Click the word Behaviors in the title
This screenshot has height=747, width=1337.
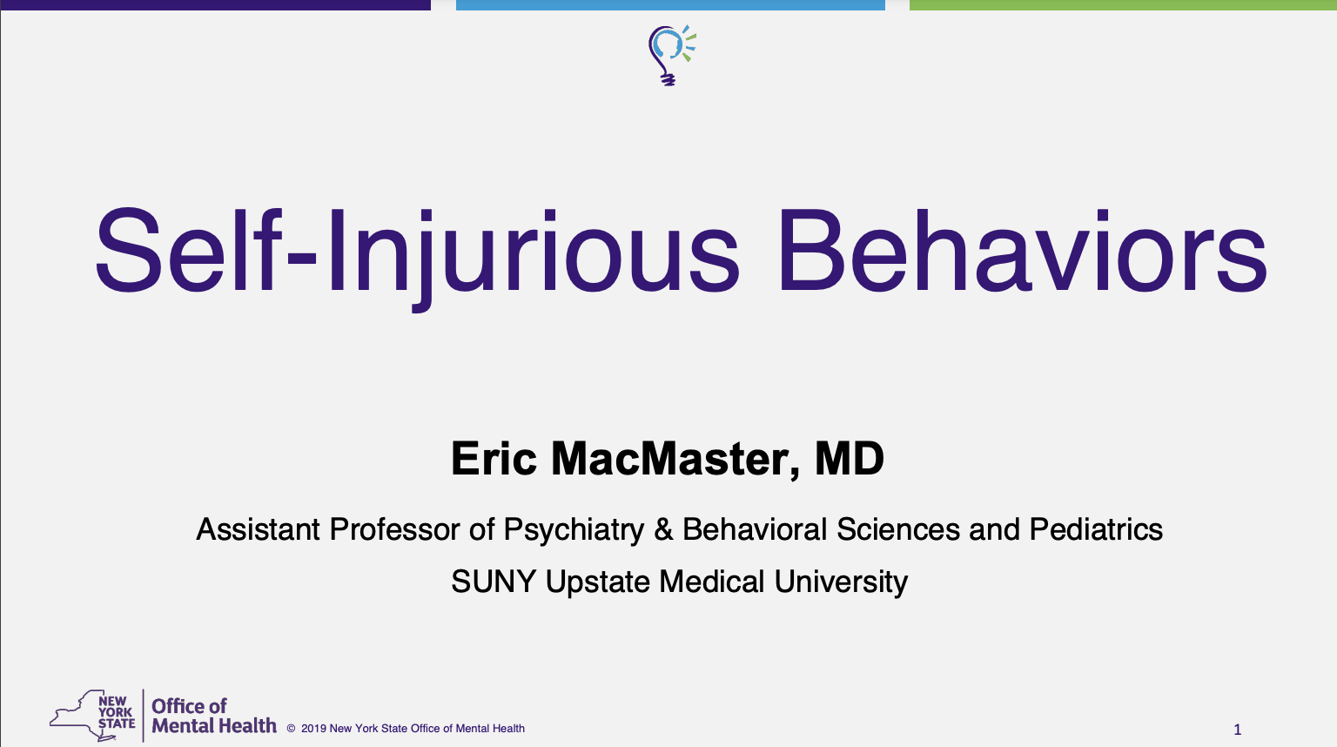1023,251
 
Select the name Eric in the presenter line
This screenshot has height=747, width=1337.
494,459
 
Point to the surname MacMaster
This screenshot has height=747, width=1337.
675,460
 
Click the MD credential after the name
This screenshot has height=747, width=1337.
850,459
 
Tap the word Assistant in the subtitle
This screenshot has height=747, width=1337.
258,529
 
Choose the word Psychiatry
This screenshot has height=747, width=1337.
574,530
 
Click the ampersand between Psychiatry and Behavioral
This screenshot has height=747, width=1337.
663,529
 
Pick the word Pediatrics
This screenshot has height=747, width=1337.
1096,529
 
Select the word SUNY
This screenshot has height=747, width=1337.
494,582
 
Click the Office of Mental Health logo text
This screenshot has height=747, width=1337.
213,716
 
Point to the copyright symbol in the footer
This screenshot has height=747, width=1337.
292,729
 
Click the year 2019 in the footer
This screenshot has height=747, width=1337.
313,729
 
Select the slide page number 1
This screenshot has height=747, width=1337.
1237,729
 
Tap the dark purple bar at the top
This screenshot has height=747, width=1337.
216,4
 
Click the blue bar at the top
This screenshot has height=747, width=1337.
670,4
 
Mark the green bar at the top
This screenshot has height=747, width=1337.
1124,4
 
